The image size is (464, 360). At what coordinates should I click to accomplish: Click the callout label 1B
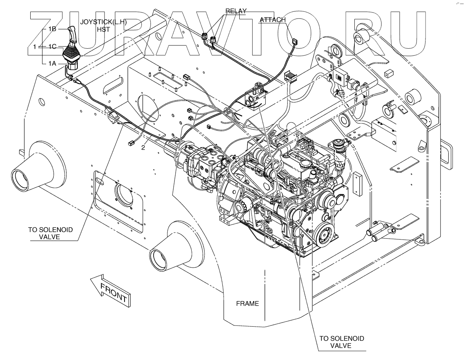(53, 29)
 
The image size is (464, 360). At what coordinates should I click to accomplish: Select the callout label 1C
(53, 46)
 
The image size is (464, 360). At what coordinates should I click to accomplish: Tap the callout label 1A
(53, 63)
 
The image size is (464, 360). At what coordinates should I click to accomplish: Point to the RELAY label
(235, 11)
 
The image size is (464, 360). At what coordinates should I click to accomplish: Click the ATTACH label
(273, 20)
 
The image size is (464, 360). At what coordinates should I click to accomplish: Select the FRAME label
(248, 303)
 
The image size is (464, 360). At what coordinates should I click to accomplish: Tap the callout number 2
(143, 148)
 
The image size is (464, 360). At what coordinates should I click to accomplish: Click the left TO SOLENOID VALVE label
(50, 234)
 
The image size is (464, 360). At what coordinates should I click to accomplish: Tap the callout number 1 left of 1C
(35, 46)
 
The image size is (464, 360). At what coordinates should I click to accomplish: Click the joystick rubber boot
(72, 53)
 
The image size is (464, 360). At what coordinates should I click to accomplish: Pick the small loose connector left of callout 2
(132, 144)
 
